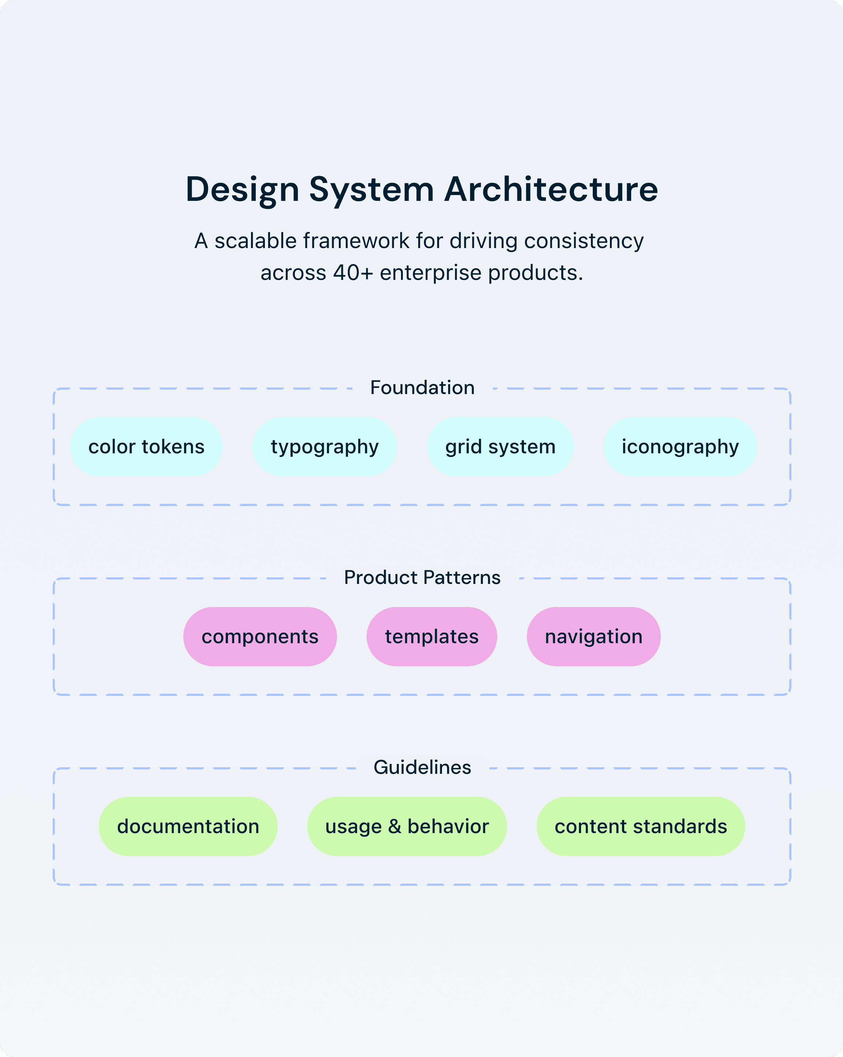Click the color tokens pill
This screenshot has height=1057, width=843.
(x=146, y=447)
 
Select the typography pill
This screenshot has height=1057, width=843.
(x=325, y=447)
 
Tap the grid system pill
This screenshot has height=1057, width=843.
(x=500, y=447)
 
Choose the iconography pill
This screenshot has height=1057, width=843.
(x=680, y=447)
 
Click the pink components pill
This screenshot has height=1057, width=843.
(x=260, y=636)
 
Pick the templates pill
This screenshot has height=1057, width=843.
(x=431, y=636)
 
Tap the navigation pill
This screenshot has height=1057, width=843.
(x=593, y=636)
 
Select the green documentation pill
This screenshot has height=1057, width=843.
(x=188, y=827)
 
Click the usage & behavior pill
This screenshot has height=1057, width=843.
(x=407, y=827)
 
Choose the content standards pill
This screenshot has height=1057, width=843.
(x=640, y=827)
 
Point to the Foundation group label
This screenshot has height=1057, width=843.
(x=422, y=387)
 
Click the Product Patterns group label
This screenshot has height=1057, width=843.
(x=422, y=577)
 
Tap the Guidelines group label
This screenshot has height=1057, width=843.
(x=422, y=767)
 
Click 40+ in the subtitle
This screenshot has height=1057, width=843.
(x=353, y=273)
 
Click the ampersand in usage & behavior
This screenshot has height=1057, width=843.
(x=395, y=827)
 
